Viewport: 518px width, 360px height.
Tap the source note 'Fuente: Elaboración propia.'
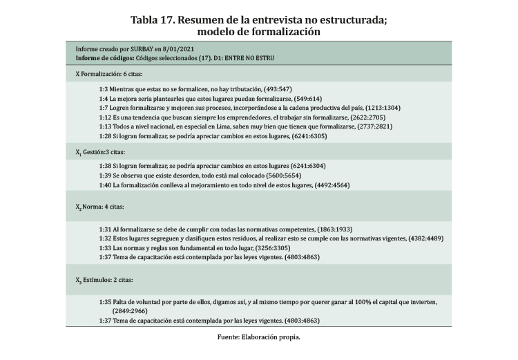click(259, 338)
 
